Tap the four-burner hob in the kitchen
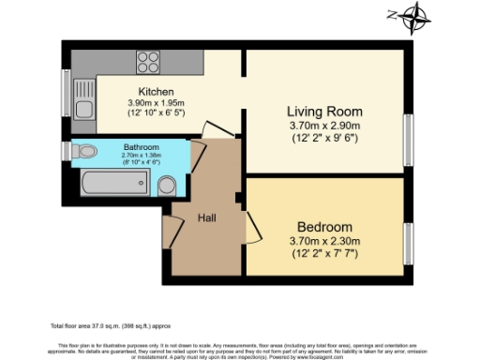pyautogui.click(x=147, y=63)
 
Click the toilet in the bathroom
pyautogui.click(x=84, y=152)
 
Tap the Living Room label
pyautogui.click(x=324, y=110)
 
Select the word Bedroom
pyautogui.click(x=324, y=227)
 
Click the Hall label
pyautogui.click(x=208, y=217)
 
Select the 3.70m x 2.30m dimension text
pyautogui.click(x=324, y=242)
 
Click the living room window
pyautogui.click(x=408, y=129)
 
